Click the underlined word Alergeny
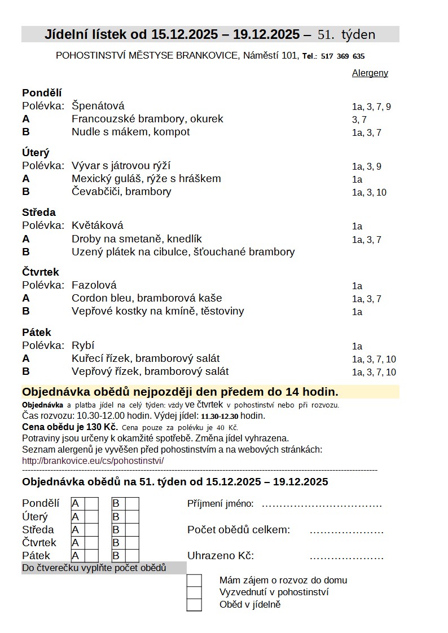[x=370, y=73]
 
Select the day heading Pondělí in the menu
[x=42, y=93]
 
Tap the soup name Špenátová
[x=98, y=106]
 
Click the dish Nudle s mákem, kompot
[x=130, y=132]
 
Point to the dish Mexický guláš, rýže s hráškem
[x=146, y=179]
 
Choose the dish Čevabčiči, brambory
[x=121, y=192]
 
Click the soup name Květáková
[x=97, y=225]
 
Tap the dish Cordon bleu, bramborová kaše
[x=147, y=298]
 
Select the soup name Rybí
[x=83, y=346]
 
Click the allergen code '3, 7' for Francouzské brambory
[x=359, y=119]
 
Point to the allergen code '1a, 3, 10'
[x=369, y=192]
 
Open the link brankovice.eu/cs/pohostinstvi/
[x=93, y=461]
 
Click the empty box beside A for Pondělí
[x=91, y=503]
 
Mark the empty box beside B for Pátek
[x=132, y=556]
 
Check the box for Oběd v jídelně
[x=194, y=605]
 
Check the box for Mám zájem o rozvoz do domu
[x=194, y=580]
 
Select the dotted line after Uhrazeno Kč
[x=346, y=557]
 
